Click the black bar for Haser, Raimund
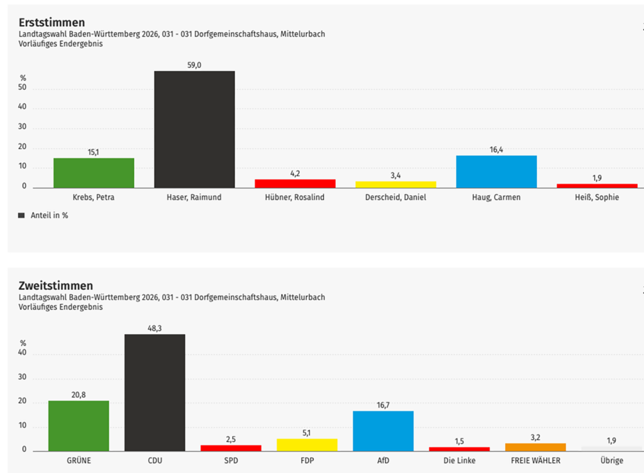click(x=194, y=129)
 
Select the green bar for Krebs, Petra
click(x=94, y=172)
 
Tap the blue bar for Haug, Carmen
click(x=496, y=171)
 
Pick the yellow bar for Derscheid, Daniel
click(x=396, y=184)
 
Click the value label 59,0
click(x=194, y=65)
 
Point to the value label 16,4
click(x=496, y=150)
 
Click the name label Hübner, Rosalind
click(x=295, y=198)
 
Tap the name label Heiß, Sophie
click(x=597, y=198)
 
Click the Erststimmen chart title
click(x=52, y=23)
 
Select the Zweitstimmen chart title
click(x=55, y=286)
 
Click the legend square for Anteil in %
click(x=22, y=215)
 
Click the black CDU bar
click(x=155, y=392)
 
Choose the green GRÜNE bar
click(x=79, y=425)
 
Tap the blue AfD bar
click(x=383, y=430)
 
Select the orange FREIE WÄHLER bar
click(x=535, y=447)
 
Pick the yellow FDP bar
click(x=307, y=444)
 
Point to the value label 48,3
click(x=155, y=328)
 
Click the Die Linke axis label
click(x=459, y=460)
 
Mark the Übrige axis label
click(x=611, y=460)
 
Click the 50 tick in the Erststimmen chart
click(x=23, y=88)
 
